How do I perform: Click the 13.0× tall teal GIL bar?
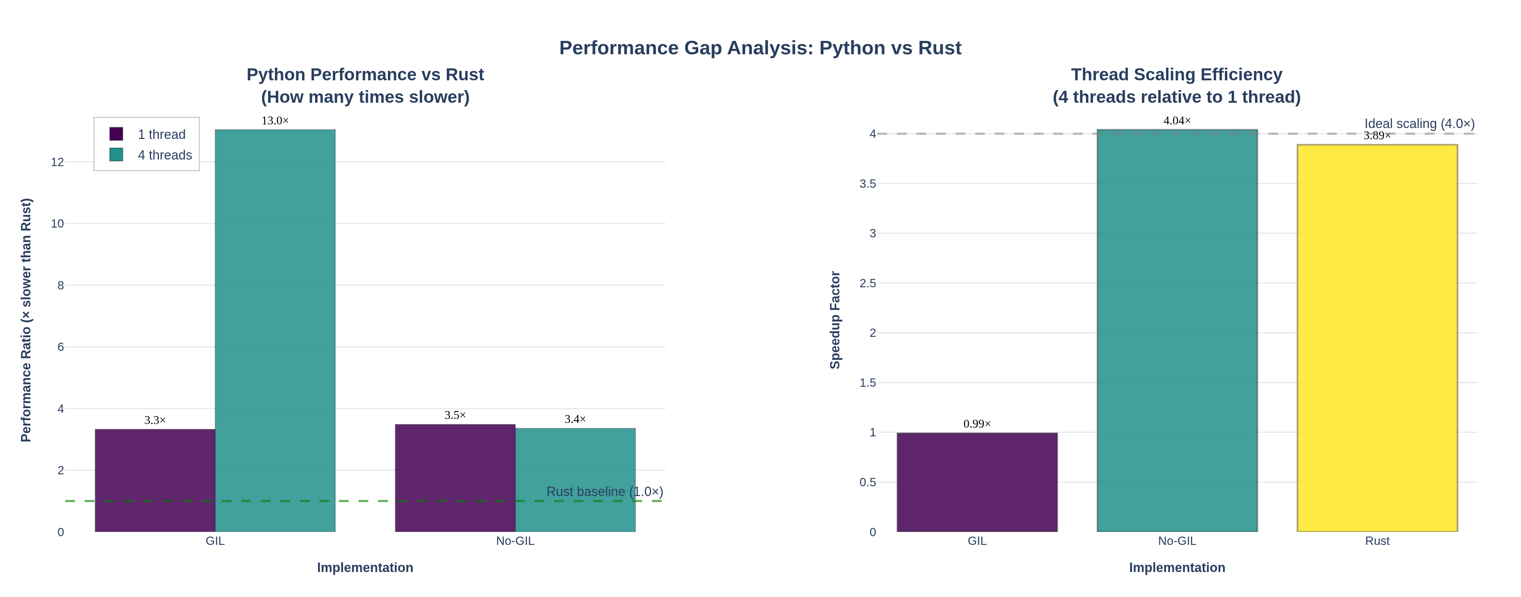pos(275,330)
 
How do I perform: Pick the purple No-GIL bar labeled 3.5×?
pos(455,478)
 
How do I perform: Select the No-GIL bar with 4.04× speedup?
pos(1177,330)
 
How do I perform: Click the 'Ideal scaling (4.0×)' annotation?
pos(1419,124)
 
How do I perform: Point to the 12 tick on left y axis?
pos(57,162)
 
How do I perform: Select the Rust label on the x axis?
pos(1377,541)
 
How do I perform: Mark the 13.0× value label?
pos(275,121)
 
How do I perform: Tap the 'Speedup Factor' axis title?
pos(835,320)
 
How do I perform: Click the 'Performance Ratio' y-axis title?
pos(26,320)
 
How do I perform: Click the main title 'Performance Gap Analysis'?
pos(760,48)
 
